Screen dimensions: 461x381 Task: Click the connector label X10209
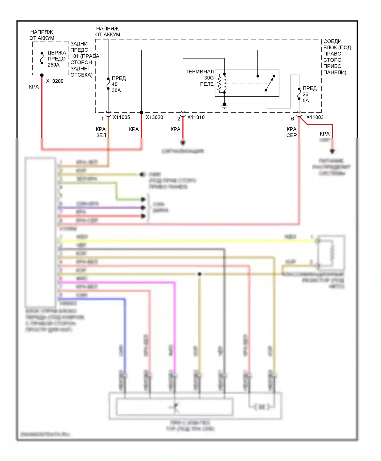coord(55,81)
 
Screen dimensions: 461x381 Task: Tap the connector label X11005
coord(121,117)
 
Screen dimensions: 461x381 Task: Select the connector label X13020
coord(154,117)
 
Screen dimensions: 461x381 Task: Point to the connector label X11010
coord(196,117)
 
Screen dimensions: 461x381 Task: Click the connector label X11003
coord(315,117)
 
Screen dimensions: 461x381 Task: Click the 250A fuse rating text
coord(54,65)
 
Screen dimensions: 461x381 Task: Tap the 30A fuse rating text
coord(116,90)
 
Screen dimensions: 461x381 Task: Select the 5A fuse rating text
coord(306,101)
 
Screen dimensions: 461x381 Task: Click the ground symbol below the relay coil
coord(224,105)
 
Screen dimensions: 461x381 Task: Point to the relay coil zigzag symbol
coord(221,83)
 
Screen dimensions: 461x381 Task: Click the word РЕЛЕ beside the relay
coord(207,84)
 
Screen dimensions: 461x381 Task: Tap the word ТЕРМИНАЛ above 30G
coord(200,72)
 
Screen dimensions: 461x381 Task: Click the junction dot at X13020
coord(141,113)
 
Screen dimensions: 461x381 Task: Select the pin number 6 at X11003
coord(292,119)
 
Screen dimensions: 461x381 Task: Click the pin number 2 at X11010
coord(179,119)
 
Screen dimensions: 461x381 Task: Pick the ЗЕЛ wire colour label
coord(101,135)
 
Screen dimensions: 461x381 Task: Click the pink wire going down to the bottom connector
coord(175,330)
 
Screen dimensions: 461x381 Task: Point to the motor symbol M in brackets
coord(262,407)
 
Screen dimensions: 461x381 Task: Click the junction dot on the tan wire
coord(200,274)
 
